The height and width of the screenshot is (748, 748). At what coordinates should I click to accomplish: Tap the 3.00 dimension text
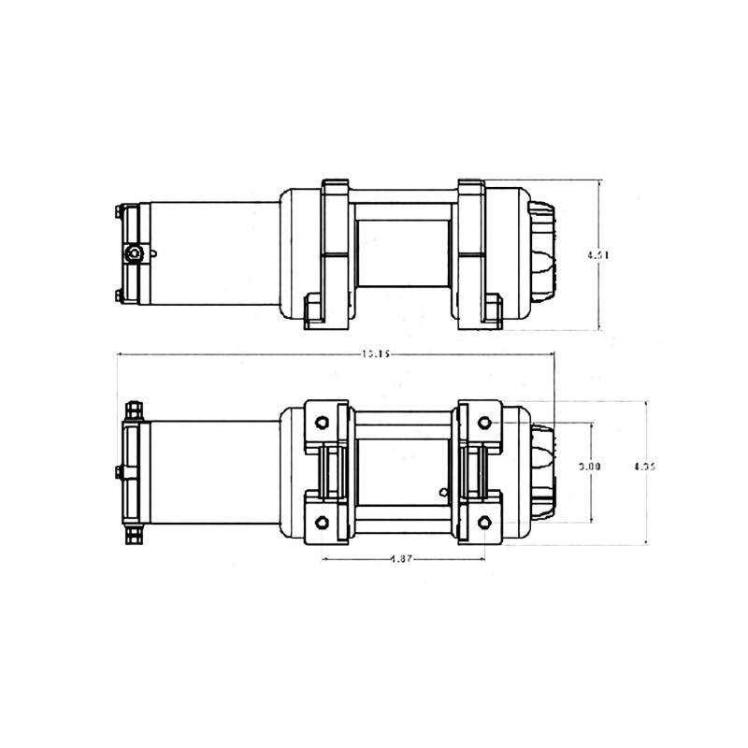588,465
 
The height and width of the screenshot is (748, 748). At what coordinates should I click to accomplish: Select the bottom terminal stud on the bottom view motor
133,535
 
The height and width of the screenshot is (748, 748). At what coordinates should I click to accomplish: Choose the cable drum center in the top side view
404,252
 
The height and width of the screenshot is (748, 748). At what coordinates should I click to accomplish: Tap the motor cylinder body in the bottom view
210,470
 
